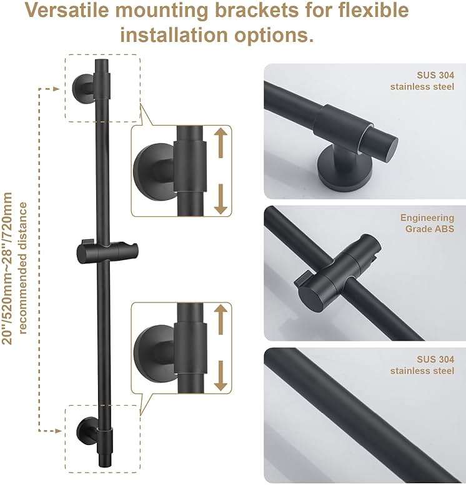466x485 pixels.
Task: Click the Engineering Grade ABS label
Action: pos(427,223)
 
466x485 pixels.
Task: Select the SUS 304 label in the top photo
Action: pos(422,81)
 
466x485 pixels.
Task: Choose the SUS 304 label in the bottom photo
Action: pos(422,365)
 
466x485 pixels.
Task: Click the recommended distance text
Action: pos(24,267)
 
